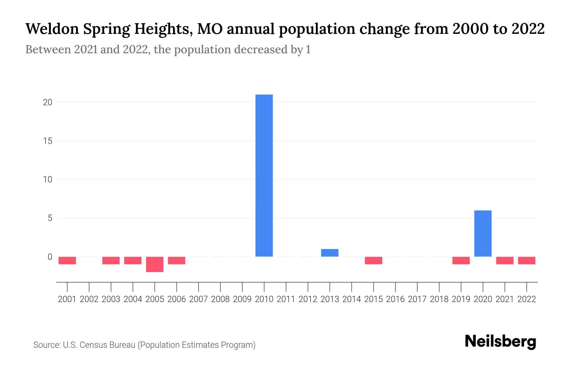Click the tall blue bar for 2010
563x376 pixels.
point(264,175)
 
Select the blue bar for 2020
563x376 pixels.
point(483,233)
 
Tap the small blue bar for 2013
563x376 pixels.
point(330,253)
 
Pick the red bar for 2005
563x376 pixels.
point(155,264)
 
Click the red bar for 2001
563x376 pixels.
point(67,260)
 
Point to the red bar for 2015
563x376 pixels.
point(373,260)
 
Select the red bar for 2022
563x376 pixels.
point(527,260)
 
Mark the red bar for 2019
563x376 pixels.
point(461,260)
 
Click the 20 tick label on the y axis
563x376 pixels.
point(48,102)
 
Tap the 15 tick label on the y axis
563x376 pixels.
point(48,141)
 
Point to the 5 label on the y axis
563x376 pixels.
point(50,218)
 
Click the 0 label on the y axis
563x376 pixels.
point(50,257)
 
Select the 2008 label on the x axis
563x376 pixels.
point(221,299)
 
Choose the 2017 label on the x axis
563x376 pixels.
point(417,299)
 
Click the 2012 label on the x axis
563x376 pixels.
point(308,299)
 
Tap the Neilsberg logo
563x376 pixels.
point(500,342)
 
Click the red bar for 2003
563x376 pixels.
point(111,260)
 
